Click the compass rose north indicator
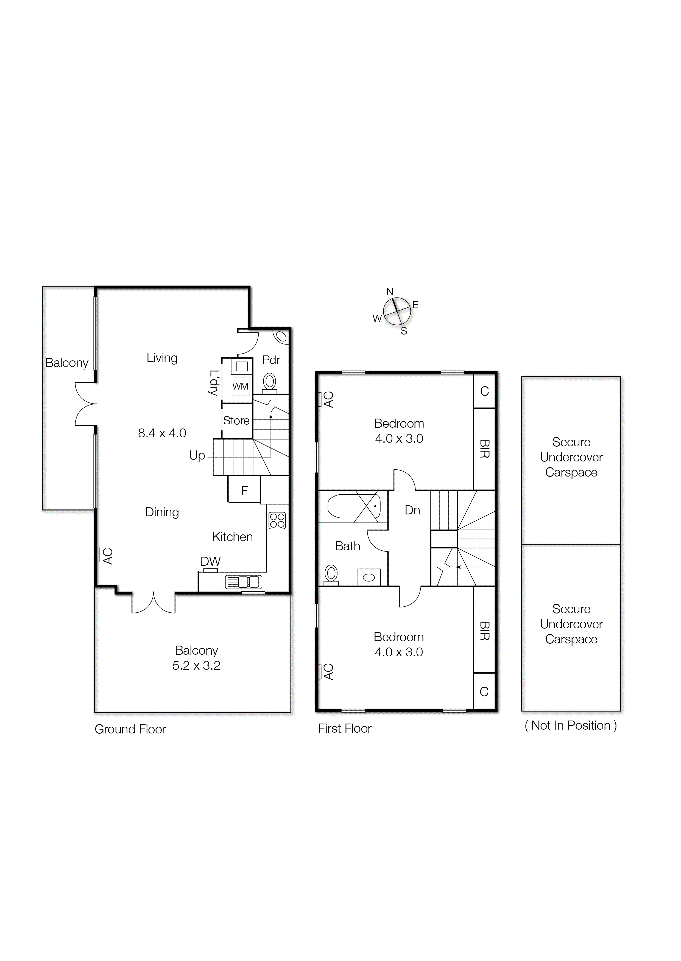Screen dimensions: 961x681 point(390,292)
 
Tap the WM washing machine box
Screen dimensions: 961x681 point(240,386)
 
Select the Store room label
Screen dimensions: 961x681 point(236,420)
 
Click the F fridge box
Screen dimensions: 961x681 point(244,490)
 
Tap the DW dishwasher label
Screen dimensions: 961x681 point(211,561)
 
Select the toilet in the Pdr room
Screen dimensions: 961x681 point(270,383)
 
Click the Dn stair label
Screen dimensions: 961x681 point(412,510)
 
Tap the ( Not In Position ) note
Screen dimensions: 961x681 point(571,725)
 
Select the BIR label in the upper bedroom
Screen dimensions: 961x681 point(484,449)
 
